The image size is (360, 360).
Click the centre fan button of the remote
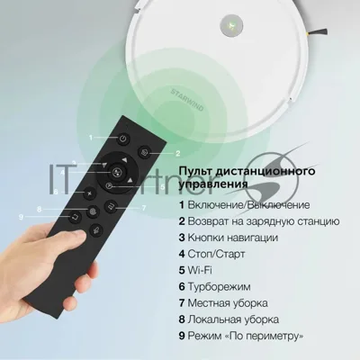(116, 172)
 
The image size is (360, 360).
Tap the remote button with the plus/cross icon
(89, 193)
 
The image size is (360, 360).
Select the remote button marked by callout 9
(74, 216)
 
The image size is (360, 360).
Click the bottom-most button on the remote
(96, 230)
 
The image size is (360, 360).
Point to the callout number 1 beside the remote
(91, 138)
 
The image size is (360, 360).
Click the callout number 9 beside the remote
(21, 217)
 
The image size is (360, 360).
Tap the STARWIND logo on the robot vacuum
(187, 100)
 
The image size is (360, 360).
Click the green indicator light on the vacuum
(231, 25)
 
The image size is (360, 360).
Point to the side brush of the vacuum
(317, 31)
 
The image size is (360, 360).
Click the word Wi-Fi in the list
(200, 270)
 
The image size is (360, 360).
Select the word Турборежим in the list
(219, 287)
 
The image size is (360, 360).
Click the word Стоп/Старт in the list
(216, 254)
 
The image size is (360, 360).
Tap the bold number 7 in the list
(182, 303)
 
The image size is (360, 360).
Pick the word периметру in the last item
(267, 336)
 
